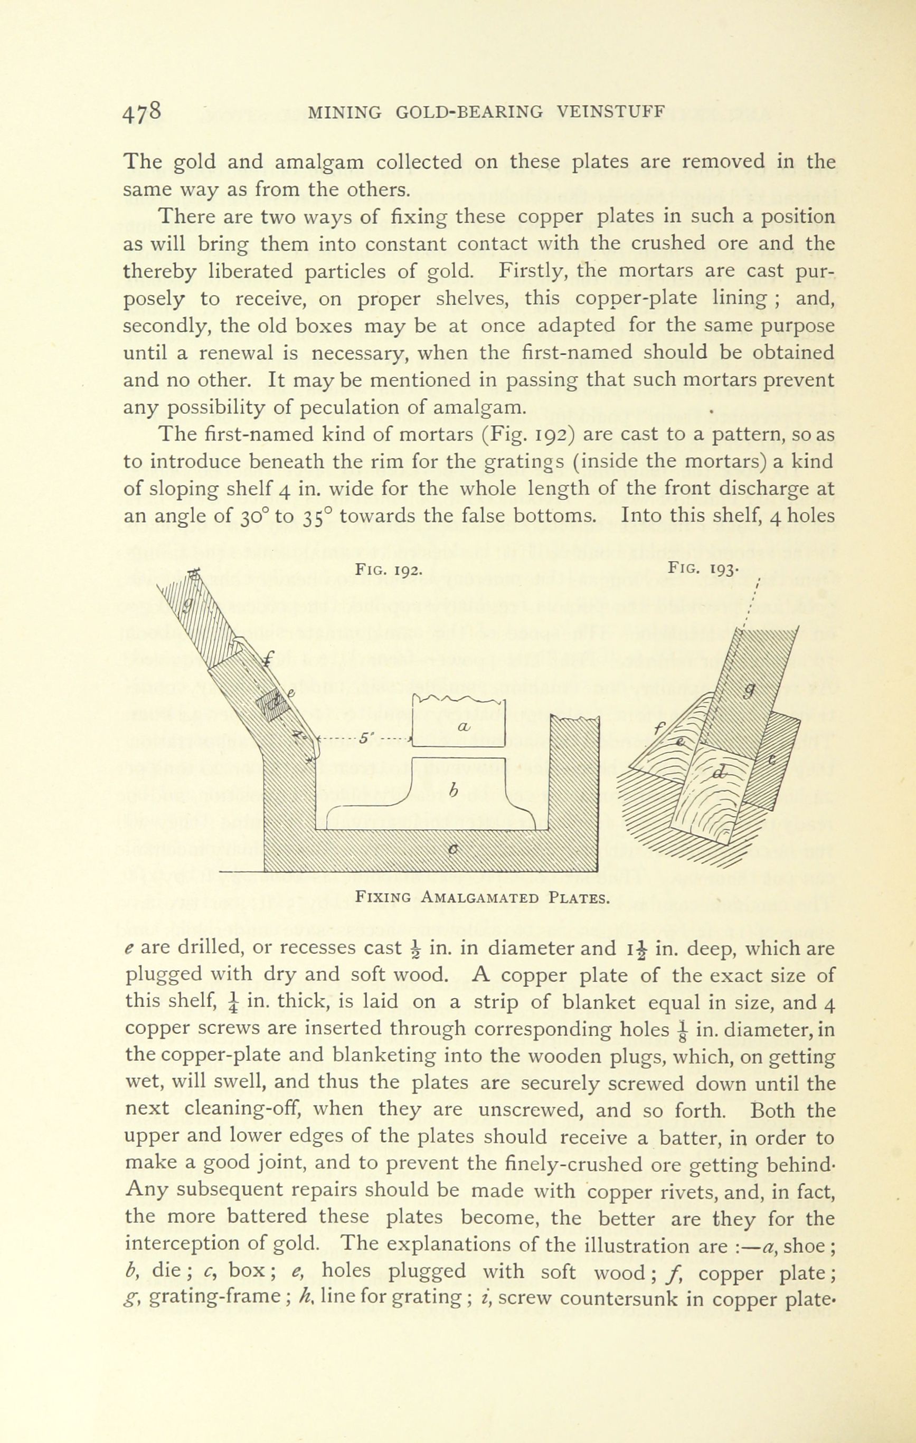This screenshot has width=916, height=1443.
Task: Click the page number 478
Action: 142,112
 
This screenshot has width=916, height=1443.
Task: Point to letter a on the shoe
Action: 461,726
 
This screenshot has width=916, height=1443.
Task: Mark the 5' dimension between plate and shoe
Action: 364,737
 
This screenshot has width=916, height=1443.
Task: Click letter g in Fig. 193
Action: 748,691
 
